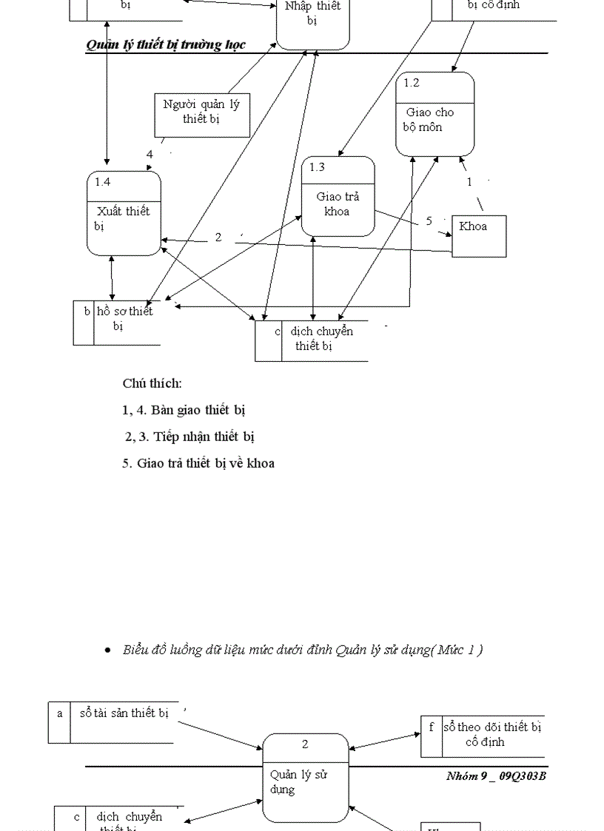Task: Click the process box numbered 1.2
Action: [x=434, y=114]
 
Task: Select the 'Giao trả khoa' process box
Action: [x=338, y=197]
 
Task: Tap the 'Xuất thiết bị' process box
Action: [x=124, y=213]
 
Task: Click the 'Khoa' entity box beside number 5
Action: [x=479, y=235]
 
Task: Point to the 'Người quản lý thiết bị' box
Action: [x=201, y=115]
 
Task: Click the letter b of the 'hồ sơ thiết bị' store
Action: [x=87, y=312]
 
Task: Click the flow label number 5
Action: [x=429, y=221]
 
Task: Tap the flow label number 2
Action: [x=218, y=238]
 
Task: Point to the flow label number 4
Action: [x=150, y=155]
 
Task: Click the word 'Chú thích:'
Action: [x=152, y=383]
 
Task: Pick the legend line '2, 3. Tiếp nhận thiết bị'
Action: [x=190, y=437]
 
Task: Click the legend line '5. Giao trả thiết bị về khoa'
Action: [x=198, y=463]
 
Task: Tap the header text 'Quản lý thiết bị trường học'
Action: [x=166, y=44]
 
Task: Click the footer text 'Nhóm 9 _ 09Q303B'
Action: [x=496, y=776]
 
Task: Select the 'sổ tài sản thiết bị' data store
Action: [x=124, y=714]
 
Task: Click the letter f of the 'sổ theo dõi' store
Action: [x=432, y=727]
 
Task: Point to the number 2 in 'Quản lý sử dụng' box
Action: [x=305, y=744]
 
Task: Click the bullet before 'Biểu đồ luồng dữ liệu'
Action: [x=108, y=650]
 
